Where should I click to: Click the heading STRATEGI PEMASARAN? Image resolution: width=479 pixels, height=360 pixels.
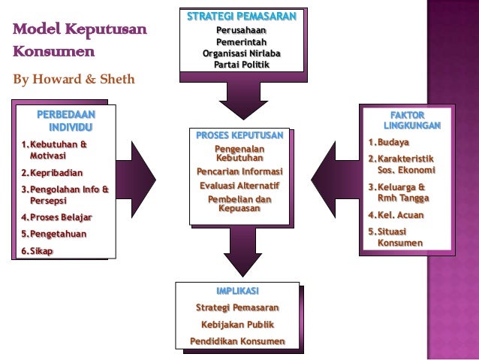click(241, 17)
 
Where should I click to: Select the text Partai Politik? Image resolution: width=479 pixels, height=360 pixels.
click(241, 65)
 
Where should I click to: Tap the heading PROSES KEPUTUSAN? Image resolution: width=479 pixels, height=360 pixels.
click(240, 136)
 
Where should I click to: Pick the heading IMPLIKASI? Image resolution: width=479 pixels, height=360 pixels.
click(237, 292)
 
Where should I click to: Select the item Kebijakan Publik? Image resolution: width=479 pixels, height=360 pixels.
click(237, 325)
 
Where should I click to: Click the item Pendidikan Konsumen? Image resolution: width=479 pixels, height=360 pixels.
click(237, 343)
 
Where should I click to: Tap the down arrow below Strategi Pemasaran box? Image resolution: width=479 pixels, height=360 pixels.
click(241, 99)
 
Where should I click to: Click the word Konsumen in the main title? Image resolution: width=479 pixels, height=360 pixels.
click(52, 53)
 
